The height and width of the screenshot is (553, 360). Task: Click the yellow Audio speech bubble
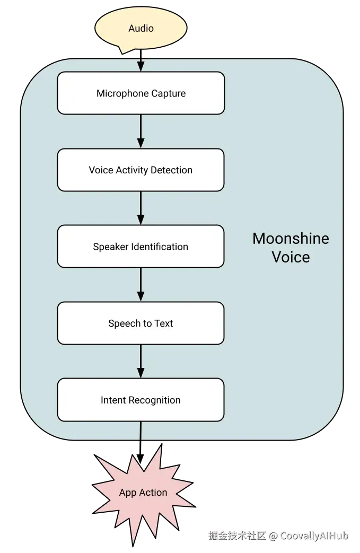[141, 29]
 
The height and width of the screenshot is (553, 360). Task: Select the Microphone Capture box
[141, 93]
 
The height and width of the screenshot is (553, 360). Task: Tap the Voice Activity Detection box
[141, 170]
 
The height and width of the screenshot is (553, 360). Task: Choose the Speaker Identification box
[141, 247]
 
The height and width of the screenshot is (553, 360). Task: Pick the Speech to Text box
[141, 323]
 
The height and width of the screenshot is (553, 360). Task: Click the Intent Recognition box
[141, 400]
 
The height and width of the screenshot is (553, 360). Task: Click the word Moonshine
[291, 239]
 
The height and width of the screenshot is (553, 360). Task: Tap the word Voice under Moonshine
[291, 257]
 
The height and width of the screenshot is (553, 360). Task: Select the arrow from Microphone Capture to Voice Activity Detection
[141, 131]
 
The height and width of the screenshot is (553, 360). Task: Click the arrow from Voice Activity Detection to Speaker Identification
[141, 208]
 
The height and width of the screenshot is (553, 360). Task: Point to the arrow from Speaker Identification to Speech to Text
[141, 285]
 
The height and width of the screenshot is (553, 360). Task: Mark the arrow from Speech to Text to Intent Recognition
[141, 361]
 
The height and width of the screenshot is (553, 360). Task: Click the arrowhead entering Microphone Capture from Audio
[141, 66]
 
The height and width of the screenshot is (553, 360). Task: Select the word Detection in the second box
[171, 170]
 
